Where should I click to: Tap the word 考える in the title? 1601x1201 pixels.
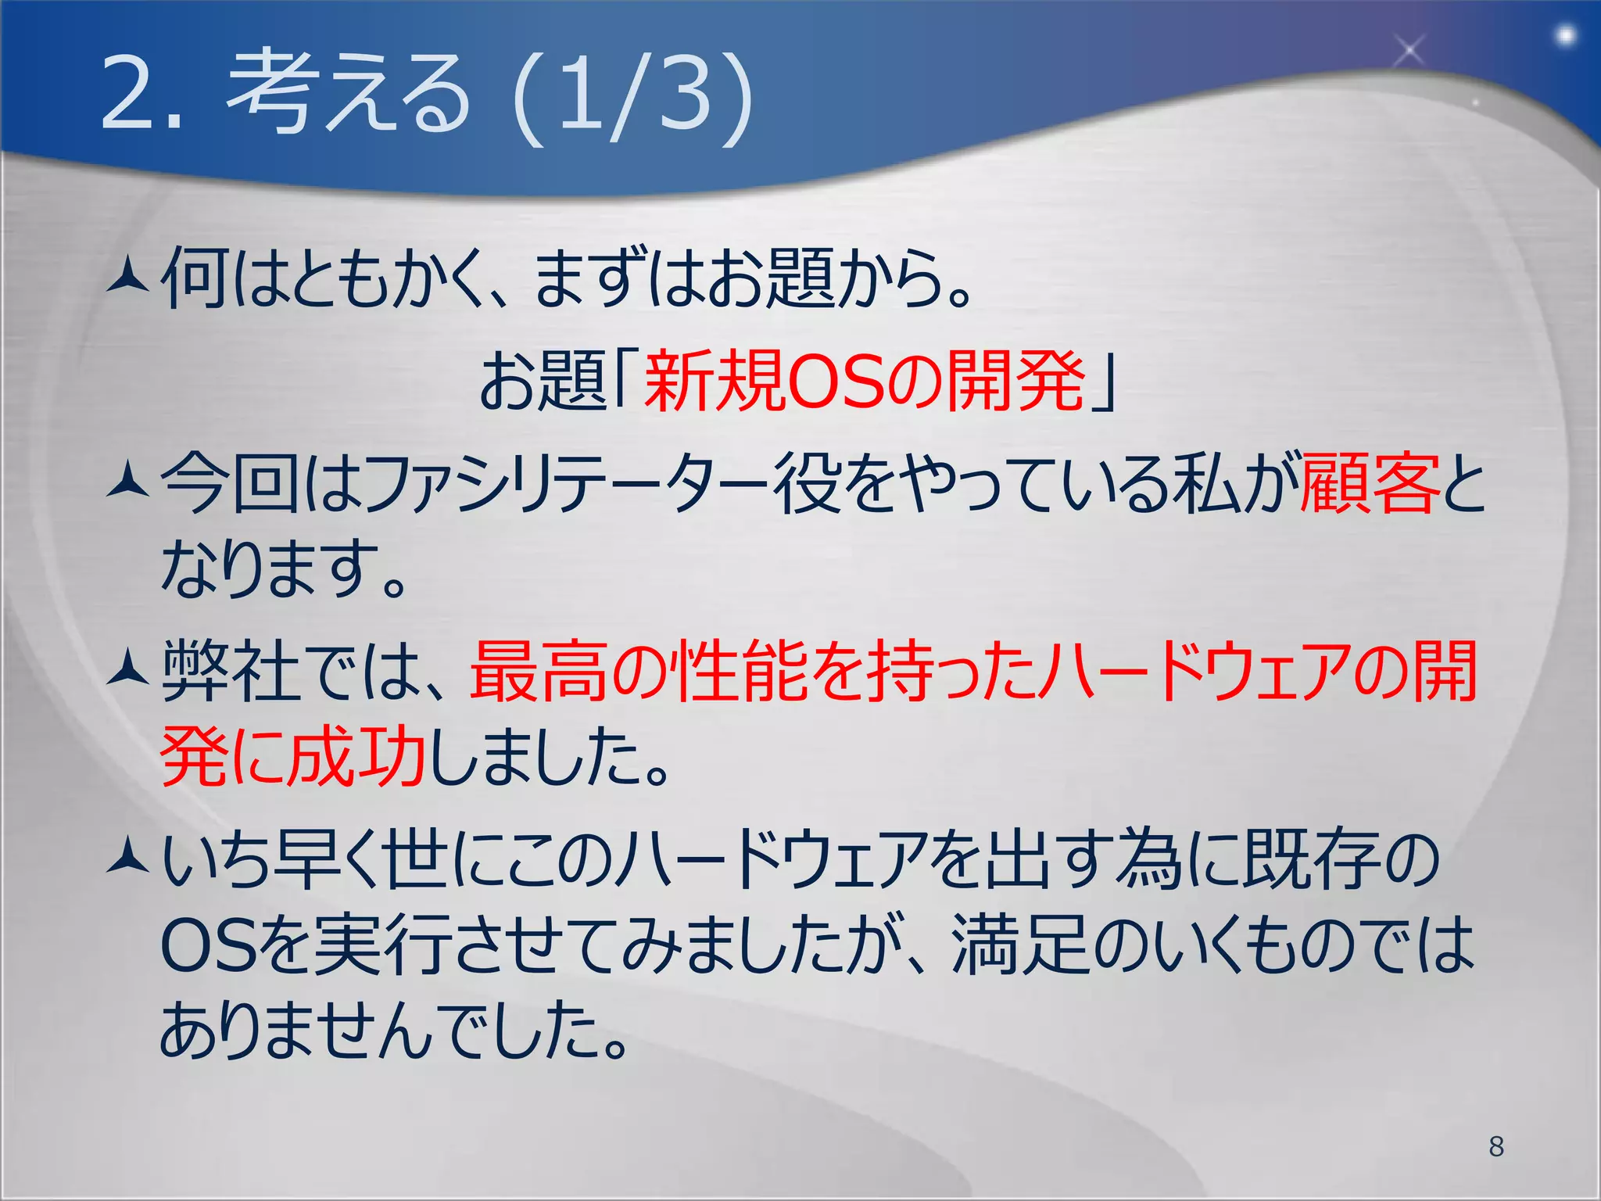click(349, 92)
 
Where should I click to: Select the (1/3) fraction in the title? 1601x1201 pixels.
click(632, 97)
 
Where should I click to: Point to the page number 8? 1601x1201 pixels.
click(1496, 1146)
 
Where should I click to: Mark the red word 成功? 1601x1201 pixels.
click(356, 757)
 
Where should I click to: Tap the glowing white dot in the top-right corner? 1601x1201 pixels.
click(1566, 36)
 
